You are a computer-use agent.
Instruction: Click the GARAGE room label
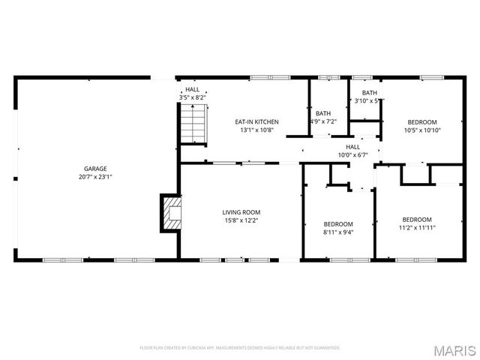pyautogui.click(x=94, y=169)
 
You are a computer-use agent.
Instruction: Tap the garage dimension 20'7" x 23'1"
pyautogui.click(x=94, y=177)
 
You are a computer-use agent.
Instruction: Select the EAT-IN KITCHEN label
pyautogui.click(x=256, y=121)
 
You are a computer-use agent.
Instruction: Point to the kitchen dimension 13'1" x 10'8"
pyautogui.click(x=256, y=130)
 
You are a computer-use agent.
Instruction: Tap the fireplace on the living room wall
pyautogui.click(x=172, y=213)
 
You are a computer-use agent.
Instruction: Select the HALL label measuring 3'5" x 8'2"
pyautogui.click(x=193, y=89)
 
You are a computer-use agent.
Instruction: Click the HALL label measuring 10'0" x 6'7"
pyautogui.click(x=352, y=147)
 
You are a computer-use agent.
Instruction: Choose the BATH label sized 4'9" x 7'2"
pyautogui.click(x=323, y=113)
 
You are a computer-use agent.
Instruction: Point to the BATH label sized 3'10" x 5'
pyautogui.click(x=370, y=92)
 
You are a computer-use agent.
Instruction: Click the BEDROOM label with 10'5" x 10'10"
pyautogui.click(x=422, y=121)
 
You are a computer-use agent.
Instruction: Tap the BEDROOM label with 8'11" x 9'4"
pyautogui.click(x=338, y=224)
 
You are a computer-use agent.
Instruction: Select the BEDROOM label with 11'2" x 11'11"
pyautogui.click(x=416, y=220)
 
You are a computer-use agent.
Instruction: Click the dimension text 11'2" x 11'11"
pyautogui.click(x=416, y=228)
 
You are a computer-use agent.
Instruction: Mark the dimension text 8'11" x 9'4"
pyautogui.click(x=338, y=232)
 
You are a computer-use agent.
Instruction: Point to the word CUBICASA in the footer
pyautogui.click(x=205, y=348)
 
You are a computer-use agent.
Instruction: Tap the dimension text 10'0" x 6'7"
pyautogui.click(x=352, y=155)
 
